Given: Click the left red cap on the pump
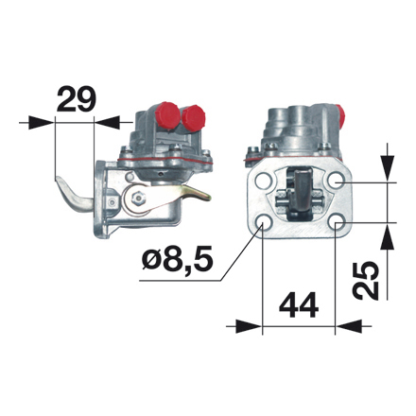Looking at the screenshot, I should click(164, 116).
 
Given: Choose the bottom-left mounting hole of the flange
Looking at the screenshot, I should click(261, 224).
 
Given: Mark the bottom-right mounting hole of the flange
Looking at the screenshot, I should click(338, 223).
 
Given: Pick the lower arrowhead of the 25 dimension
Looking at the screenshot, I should click(388, 234).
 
